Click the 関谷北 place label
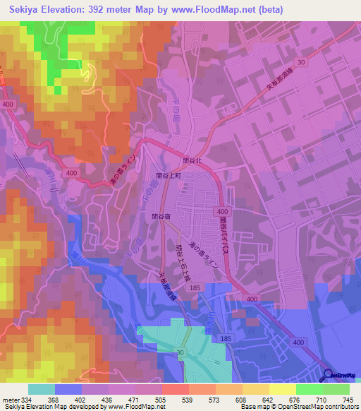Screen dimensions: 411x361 (192, 160)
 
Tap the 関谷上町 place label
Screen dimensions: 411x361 (169, 175)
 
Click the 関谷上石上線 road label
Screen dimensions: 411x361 (180, 253)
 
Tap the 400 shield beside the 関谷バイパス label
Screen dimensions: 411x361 (223, 211)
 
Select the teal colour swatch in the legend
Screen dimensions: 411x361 (42, 389)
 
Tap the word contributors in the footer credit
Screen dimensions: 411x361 (341, 407)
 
